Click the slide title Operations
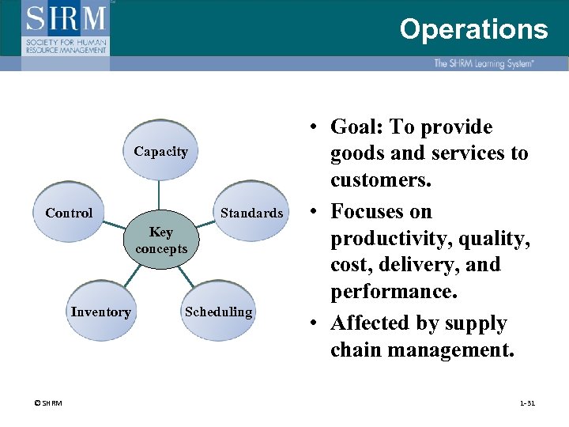click(473, 29)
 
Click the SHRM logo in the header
click(67, 28)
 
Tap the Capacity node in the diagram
click(160, 151)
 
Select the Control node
click(69, 213)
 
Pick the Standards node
click(251, 213)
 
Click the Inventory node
click(100, 312)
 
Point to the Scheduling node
click(218, 312)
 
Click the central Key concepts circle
click(161, 240)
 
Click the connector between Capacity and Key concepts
click(160, 193)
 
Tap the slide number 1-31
click(527, 403)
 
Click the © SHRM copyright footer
click(48, 403)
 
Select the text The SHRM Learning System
click(483, 63)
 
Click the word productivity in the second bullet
click(386, 238)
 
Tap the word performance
click(392, 292)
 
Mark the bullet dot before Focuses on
click(314, 212)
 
